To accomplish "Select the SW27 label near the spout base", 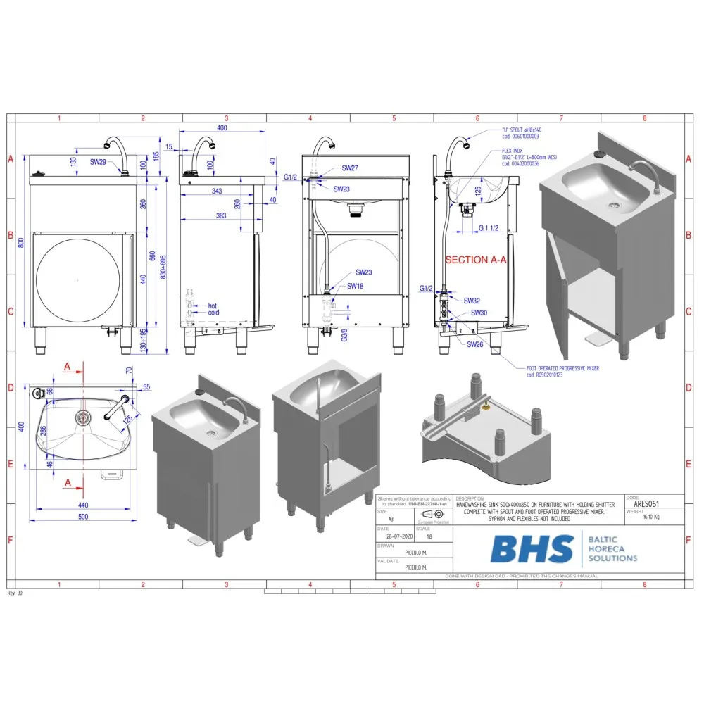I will point(350,168).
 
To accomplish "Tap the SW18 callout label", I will point(356,286).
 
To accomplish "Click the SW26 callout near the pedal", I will point(474,344).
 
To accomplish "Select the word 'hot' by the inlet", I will point(213,306).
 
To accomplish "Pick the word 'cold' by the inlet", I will point(214,313).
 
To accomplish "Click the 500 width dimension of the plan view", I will point(84,517).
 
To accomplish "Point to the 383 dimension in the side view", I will point(222,216).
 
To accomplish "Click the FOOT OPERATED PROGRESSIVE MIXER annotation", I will point(562,367).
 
